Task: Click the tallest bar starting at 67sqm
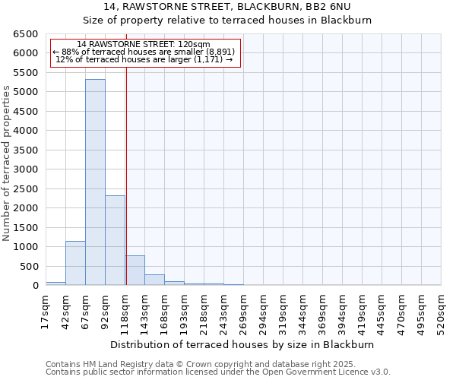tap(95, 182)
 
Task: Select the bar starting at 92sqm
tap(115, 240)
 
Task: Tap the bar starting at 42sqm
tap(75, 263)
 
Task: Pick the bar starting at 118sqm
tap(135, 271)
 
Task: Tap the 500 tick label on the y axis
tap(29, 267)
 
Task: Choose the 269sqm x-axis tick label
tap(243, 312)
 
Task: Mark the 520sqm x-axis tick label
tap(441, 312)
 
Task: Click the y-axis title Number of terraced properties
tap(7, 163)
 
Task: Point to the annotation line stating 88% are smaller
tap(144, 52)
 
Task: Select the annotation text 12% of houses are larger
tap(144, 59)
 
